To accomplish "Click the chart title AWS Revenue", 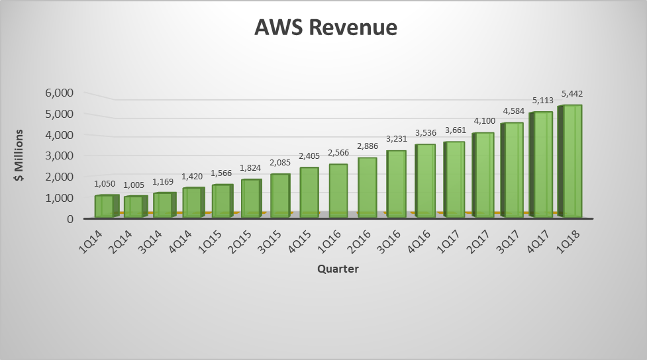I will click(x=326, y=28).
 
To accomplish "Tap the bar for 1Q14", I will click(x=105, y=206).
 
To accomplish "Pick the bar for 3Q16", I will click(x=396, y=184).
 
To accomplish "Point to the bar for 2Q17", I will click(x=483, y=175).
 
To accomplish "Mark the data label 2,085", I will click(x=279, y=163).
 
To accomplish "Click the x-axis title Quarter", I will click(x=338, y=269).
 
